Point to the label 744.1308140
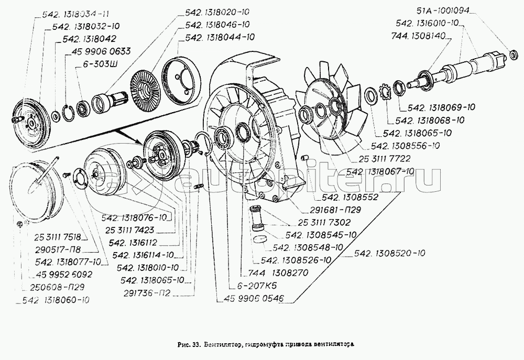pos(418,36)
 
